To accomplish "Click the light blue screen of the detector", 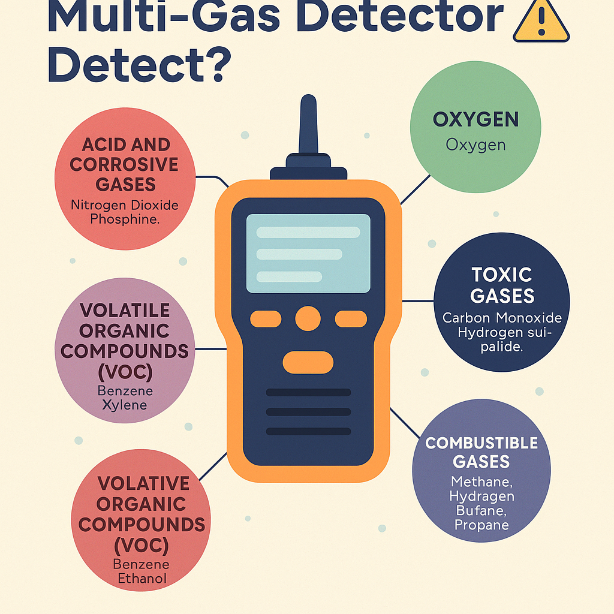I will (x=308, y=254).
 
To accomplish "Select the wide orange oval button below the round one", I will (x=308, y=362).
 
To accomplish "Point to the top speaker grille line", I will (x=308, y=392).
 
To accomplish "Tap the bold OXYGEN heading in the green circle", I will (x=475, y=119).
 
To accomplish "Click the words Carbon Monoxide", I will (x=501, y=318).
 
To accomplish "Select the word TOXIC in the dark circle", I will (x=502, y=275).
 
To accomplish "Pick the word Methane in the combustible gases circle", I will (x=482, y=482).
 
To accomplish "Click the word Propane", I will (x=481, y=525).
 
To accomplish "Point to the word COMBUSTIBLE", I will (x=481, y=443).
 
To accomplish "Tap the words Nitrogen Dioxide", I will (x=125, y=205).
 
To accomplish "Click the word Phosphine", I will (x=125, y=219).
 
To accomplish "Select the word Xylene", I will (x=125, y=405).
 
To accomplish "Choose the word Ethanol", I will (x=141, y=579).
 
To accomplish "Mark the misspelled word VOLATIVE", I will (x=143, y=483).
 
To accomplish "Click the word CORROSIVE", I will (x=124, y=164).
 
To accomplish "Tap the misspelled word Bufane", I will (x=480, y=511).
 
